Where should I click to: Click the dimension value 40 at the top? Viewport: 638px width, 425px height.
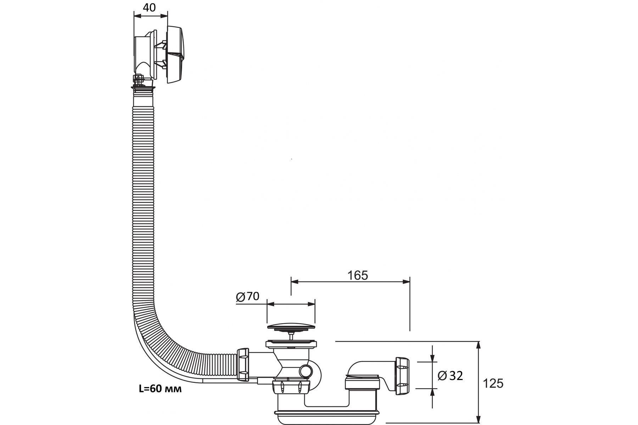(x=150, y=7)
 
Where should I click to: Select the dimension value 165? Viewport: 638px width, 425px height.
(x=357, y=275)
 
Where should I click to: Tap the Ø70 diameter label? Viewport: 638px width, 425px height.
(x=248, y=296)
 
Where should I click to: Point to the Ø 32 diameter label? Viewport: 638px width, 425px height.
(x=450, y=375)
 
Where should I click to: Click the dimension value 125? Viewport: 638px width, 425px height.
(x=493, y=383)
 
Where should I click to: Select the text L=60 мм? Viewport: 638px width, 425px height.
(x=160, y=389)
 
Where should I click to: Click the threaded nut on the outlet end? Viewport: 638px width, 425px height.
(x=402, y=376)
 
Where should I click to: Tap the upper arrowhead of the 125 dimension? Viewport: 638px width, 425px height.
(x=478, y=345)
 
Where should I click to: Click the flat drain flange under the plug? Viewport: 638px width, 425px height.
(x=291, y=343)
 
